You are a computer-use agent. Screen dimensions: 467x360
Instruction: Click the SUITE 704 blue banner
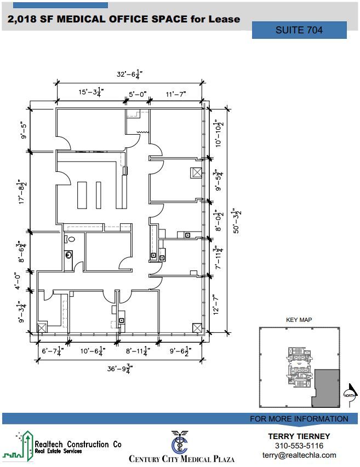click(299, 30)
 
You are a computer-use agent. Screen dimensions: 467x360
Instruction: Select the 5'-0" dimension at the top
click(138, 94)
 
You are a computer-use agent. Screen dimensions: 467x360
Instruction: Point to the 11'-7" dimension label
click(176, 94)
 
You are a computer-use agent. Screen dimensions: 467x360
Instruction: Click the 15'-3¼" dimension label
click(89, 93)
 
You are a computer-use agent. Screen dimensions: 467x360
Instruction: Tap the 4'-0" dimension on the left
click(20, 280)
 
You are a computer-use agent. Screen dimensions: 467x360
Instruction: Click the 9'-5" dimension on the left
click(24, 130)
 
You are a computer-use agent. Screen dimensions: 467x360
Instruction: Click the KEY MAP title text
click(299, 320)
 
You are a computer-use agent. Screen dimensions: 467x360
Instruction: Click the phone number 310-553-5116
click(299, 446)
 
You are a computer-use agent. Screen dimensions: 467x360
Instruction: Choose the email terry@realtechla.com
click(299, 455)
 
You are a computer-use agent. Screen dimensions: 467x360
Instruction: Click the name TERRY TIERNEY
click(299, 436)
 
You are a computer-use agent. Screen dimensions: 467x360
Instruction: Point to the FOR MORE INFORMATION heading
click(299, 419)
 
